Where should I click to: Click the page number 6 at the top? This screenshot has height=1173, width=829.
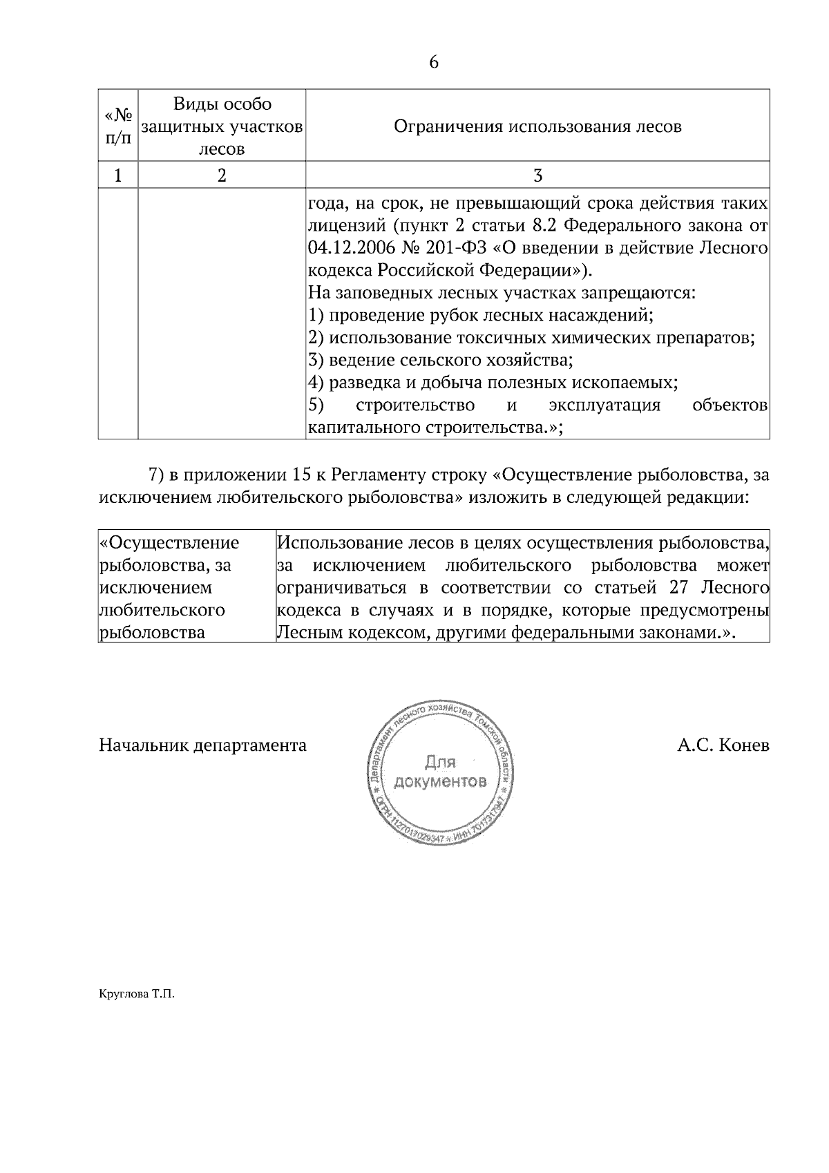pos(434,62)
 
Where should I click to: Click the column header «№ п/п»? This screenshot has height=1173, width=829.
pos(118,126)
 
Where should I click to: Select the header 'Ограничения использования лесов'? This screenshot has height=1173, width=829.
pos(537,126)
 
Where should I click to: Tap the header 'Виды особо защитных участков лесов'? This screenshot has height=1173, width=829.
pos(222,126)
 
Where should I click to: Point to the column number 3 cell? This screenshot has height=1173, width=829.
pos(537,175)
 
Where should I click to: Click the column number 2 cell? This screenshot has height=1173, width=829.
pos(222,175)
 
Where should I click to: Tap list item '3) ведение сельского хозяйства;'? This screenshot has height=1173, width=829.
pos(441,360)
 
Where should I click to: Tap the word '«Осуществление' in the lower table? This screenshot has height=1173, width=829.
pos(170,542)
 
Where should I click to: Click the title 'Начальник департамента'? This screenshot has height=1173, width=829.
pos(202,746)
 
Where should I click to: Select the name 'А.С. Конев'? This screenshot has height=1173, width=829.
pos(723,746)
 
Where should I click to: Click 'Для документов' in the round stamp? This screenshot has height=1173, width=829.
pos(440,772)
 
